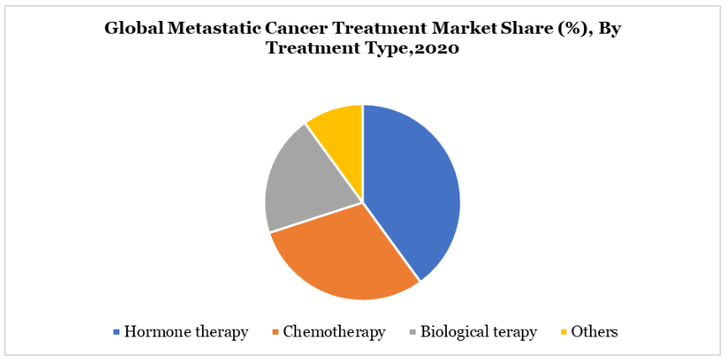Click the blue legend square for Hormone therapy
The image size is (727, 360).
116,332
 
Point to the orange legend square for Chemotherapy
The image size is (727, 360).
276,332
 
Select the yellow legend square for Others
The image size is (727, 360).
565,332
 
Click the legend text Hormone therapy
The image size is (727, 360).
187,332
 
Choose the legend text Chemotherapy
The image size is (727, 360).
334,332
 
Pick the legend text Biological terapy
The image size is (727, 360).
479,332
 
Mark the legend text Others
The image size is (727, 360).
594,332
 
